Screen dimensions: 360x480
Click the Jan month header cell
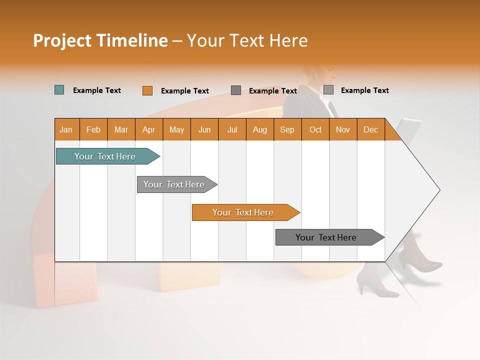click(66, 129)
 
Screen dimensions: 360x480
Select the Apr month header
click(148, 129)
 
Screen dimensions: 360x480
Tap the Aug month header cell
click(259, 129)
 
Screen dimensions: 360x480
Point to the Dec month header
click(370, 129)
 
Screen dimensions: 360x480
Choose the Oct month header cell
click(315, 129)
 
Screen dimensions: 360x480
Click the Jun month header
click(204, 129)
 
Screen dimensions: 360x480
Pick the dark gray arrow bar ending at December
click(327, 237)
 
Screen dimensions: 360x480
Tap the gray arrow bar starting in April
click(174, 184)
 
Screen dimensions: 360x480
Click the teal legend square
click(59, 90)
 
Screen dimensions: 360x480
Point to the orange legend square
click(147, 90)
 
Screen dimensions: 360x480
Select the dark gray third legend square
click(236, 90)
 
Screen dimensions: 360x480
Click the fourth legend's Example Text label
click(364, 90)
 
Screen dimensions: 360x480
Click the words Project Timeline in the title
click(100, 40)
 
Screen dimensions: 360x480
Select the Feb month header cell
click(93, 129)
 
